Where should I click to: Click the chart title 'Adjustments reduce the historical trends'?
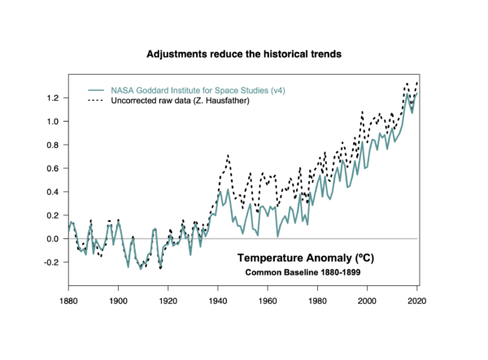[x=244, y=54]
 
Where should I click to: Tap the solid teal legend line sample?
[x=96, y=89]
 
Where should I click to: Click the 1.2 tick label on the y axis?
[x=54, y=98]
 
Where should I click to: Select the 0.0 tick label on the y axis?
[x=54, y=239]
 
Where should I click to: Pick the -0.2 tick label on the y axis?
[x=52, y=262]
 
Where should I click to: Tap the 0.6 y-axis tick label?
[x=54, y=169]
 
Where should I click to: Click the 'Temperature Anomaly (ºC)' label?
[x=305, y=258]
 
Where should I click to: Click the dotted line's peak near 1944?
[x=228, y=154]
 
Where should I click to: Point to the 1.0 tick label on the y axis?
[x=54, y=122]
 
